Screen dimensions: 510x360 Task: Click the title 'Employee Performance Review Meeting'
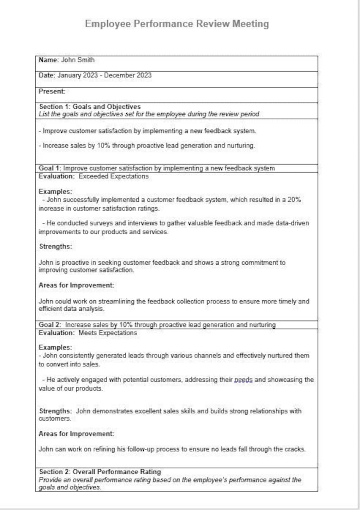coord(177,24)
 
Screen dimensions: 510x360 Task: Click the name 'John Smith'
coord(78,60)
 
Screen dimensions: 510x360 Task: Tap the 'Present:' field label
coord(52,92)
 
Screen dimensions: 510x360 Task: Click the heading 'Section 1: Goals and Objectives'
coord(90,107)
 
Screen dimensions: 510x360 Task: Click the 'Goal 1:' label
coord(50,168)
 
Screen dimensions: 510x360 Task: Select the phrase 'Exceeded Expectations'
coord(113,177)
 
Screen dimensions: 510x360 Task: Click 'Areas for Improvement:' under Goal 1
coord(76,285)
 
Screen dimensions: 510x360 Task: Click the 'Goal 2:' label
coord(50,325)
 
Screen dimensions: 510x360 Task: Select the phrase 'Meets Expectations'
coord(108,333)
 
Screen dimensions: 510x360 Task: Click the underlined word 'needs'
coord(243,380)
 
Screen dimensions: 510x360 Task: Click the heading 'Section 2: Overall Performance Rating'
coord(100,472)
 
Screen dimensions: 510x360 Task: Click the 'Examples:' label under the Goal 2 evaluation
coord(55,348)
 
